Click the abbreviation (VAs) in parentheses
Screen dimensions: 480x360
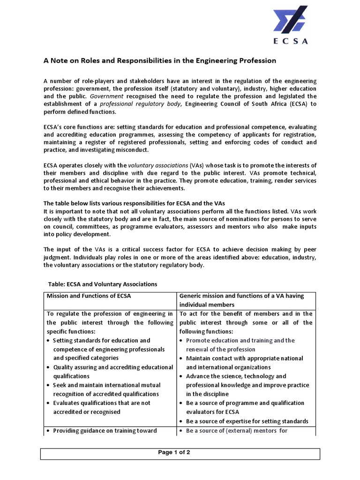click(x=197, y=165)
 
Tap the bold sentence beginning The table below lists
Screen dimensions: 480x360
click(x=134, y=203)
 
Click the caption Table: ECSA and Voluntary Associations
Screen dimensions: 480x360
click(x=103, y=284)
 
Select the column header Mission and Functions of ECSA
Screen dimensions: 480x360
click(x=89, y=296)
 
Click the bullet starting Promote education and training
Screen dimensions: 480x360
click(x=240, y=345)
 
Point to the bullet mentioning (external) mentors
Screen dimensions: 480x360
click(x=236, y=430)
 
